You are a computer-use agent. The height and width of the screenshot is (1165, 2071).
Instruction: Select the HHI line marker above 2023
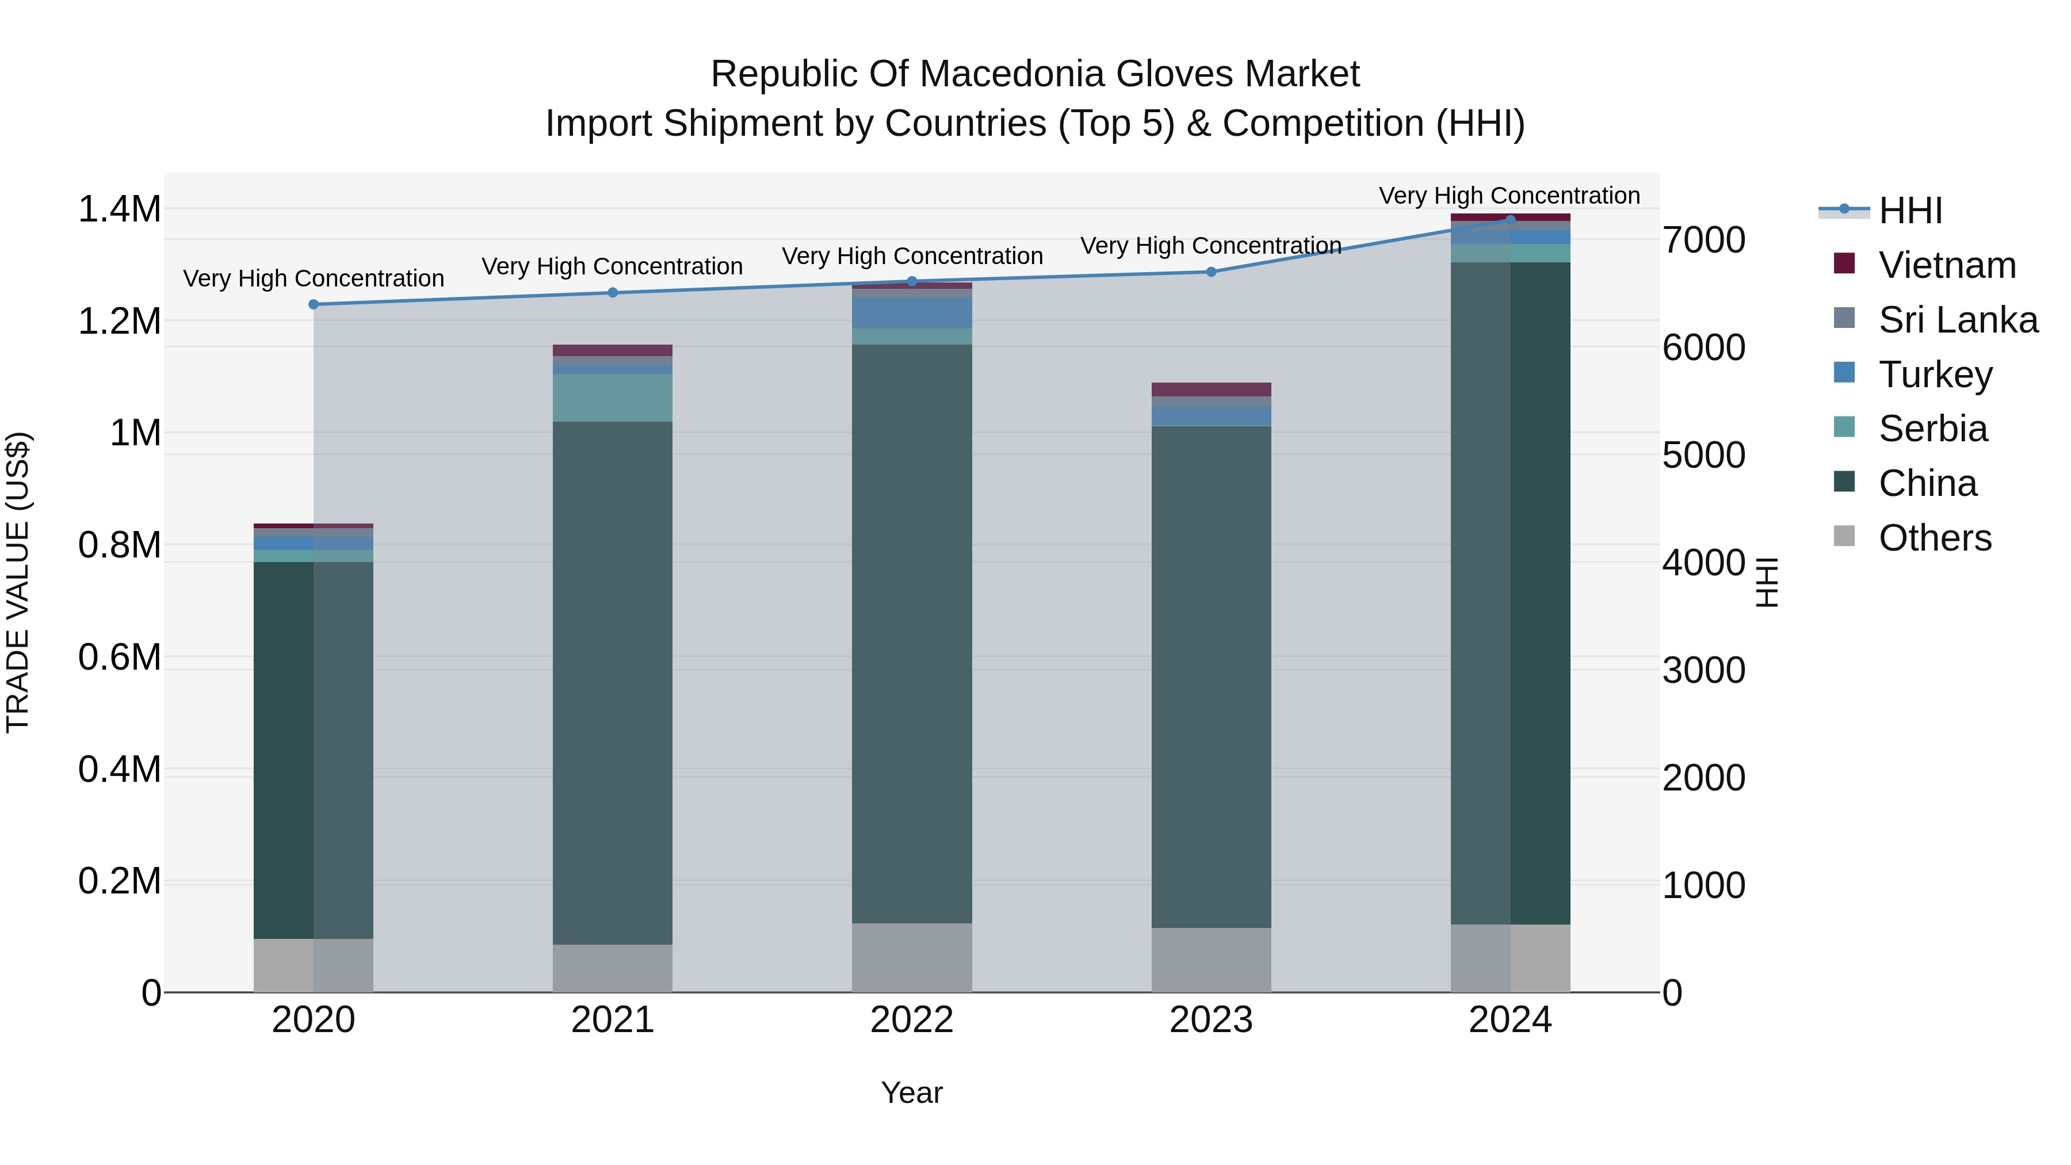(x=1211, y=272)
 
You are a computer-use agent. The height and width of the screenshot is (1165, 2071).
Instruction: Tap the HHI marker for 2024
(x=1510, y=220)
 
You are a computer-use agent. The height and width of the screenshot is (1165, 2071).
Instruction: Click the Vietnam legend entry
(x=1946, y=265)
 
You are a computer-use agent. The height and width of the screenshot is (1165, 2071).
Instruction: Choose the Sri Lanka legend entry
(x=1958, y=320)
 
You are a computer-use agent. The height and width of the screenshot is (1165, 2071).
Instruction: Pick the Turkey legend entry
(x=1935, y=375)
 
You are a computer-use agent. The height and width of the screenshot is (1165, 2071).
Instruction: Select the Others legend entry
(x=1934, y=538)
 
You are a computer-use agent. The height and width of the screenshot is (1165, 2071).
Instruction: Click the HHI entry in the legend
(x=1909, y=211)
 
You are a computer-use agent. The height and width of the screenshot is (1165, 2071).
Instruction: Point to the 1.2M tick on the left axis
(x=119, y=321)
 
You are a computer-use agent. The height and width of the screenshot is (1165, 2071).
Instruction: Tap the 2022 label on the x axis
(x=912, y=1020)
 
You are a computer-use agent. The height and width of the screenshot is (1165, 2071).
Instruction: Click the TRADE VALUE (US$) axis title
(x=18, y=582)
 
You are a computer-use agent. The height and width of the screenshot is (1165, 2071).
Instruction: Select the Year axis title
(x=912, y=1093)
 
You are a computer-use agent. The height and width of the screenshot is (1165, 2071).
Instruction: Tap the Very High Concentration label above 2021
(x=612, y=266)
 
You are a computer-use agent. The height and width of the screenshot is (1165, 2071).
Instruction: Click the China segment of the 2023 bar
(x=1211, y=675)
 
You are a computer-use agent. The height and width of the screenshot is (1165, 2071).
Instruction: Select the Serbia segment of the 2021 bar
(x=612, y=397)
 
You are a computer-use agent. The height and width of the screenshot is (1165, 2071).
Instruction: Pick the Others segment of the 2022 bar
(x=912, y=957)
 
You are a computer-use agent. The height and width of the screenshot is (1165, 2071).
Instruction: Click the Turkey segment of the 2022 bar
(x=912, y=313)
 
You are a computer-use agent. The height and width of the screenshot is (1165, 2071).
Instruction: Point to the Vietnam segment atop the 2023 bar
(x=1211, y=389)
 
